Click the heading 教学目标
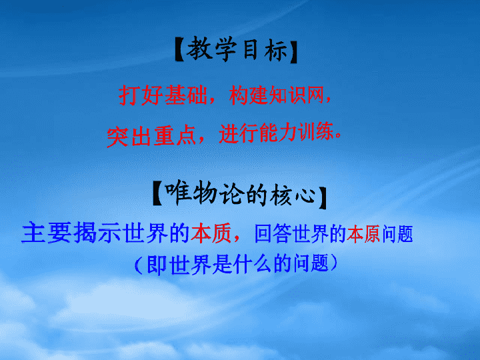coord(237,49)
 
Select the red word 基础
coord(186,95)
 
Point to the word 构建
coord(248,95)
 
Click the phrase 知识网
coord(296,95)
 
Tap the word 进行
coord(239,133)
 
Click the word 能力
coord(278,133)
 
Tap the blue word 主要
coord(47,233)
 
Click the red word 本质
coord(211,233)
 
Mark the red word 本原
coord(363,233)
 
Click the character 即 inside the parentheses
coord(157,264)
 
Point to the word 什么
coord(251,263)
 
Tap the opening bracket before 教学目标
coord(179,50)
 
